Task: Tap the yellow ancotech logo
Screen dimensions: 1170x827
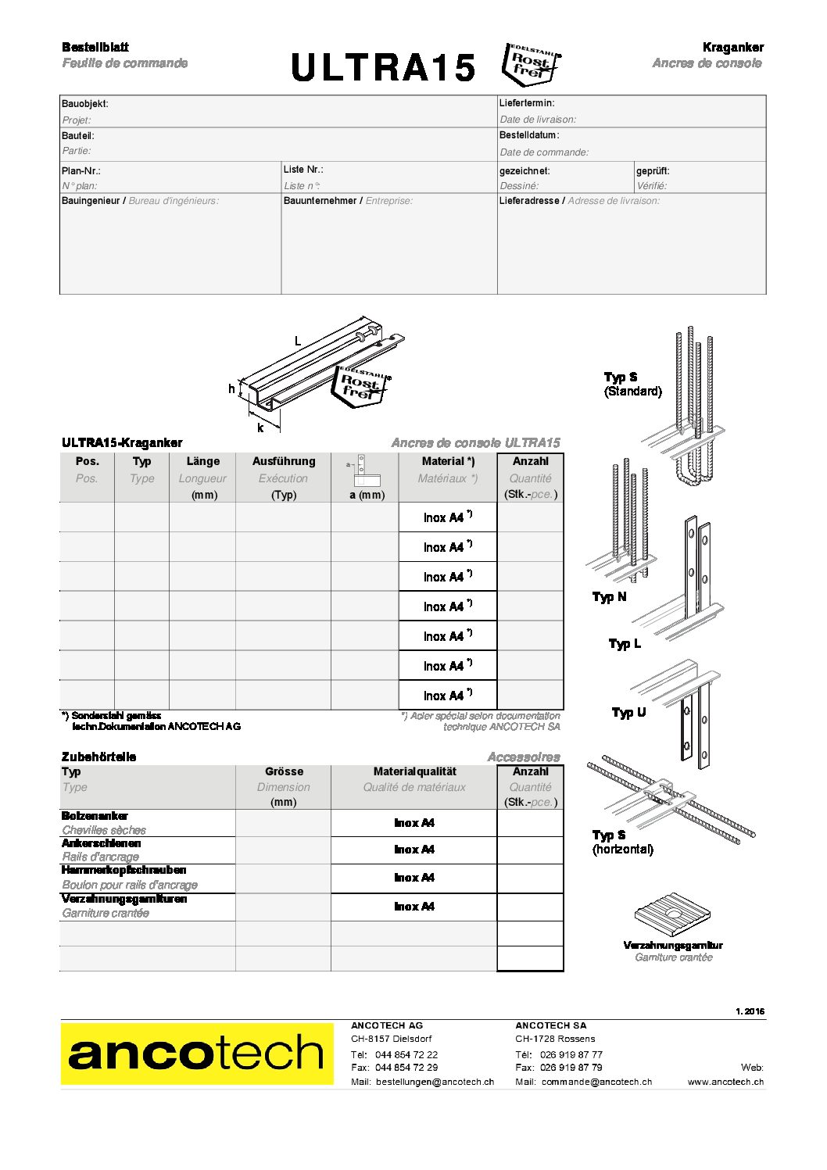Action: point(196,1054)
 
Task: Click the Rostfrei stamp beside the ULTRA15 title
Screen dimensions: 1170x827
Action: point(532,64)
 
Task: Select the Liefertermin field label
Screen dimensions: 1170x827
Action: point(527,103)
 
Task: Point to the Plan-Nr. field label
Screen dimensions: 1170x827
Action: point(81,170)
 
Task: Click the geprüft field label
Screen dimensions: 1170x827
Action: point(653,170)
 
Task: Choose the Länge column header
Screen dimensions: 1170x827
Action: point(202,461)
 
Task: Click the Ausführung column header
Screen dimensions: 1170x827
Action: point(283,461)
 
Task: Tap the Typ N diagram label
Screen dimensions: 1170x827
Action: point(609,596)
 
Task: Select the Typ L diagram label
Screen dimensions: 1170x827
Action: point(625,643)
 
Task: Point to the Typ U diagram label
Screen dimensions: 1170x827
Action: point(628,712)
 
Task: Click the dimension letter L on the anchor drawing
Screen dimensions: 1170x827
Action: point(298,341)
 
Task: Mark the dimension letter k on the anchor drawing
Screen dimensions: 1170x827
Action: point(260,428)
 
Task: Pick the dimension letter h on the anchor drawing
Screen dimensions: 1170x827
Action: point(231,388)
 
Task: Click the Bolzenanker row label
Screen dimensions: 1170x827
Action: point(95,816)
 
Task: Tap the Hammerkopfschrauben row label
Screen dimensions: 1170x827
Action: point(124,870)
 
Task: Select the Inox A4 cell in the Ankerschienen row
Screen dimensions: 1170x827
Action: point(413,850)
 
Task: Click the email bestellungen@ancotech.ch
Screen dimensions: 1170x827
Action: point(435,1082)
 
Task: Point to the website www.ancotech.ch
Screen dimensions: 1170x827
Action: point(725,1082)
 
